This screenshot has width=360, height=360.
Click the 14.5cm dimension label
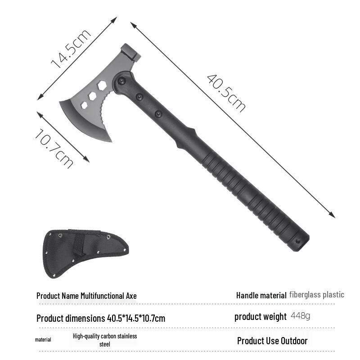[x=71, y=49]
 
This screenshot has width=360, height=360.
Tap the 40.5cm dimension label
[x=226, y=93]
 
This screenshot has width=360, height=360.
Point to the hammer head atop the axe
[x=131, y=53]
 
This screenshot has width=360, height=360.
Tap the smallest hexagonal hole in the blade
[x=84, y=105]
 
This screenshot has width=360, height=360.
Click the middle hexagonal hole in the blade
[x=93, y=95]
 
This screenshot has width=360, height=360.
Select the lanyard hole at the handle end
[x=297, y=241]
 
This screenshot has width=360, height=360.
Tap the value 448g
[x=300, y=316]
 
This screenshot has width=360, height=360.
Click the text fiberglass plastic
[x=317, y=295]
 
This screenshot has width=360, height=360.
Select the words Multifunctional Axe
[x=108, y=296]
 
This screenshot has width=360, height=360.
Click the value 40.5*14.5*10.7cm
[x=136, y=319]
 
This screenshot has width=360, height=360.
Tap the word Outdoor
[x=294, y=341]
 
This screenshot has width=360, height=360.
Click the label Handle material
[x=261, y=295]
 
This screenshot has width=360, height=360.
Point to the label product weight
[x=260, y=316]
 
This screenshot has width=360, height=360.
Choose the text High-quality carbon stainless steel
[x=104, y=340]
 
